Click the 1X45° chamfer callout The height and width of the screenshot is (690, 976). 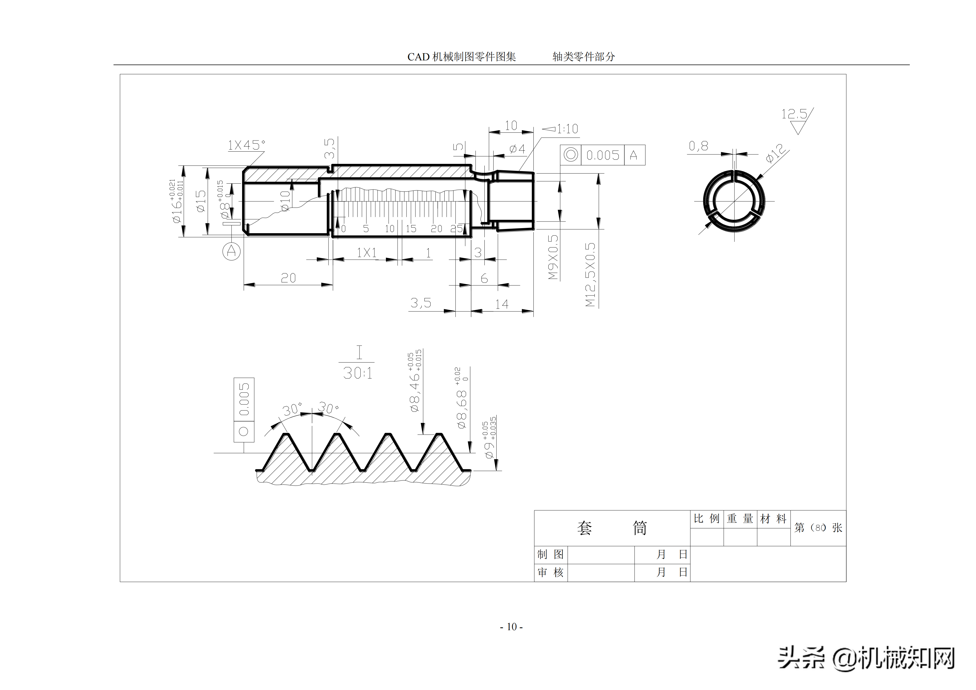coord(246,146)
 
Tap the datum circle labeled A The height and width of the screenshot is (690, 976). coord(231,251)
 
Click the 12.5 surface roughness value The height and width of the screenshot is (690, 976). coord(794,114)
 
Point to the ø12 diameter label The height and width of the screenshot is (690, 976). coord(775,153)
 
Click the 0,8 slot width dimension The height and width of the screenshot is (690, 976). coord(698,146)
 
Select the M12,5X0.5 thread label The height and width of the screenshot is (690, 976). coord(590,274)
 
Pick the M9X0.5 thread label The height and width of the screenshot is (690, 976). coord(553,257)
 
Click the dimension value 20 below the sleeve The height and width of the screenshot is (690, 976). coord(288,278)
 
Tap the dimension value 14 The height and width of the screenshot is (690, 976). coord(502,304)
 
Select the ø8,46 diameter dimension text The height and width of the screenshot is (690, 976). coord(415,391)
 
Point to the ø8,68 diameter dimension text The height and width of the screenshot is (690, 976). coord(461,408)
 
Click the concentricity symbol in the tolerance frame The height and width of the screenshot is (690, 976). coord(570,155)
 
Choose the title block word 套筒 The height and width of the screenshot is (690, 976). coord(612,528)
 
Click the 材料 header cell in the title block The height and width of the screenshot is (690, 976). coord(773,519)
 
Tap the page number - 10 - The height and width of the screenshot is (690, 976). coord(511,627)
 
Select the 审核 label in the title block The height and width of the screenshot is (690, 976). coord(551,573)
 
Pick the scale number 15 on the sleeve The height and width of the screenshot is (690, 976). coord(411,229)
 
